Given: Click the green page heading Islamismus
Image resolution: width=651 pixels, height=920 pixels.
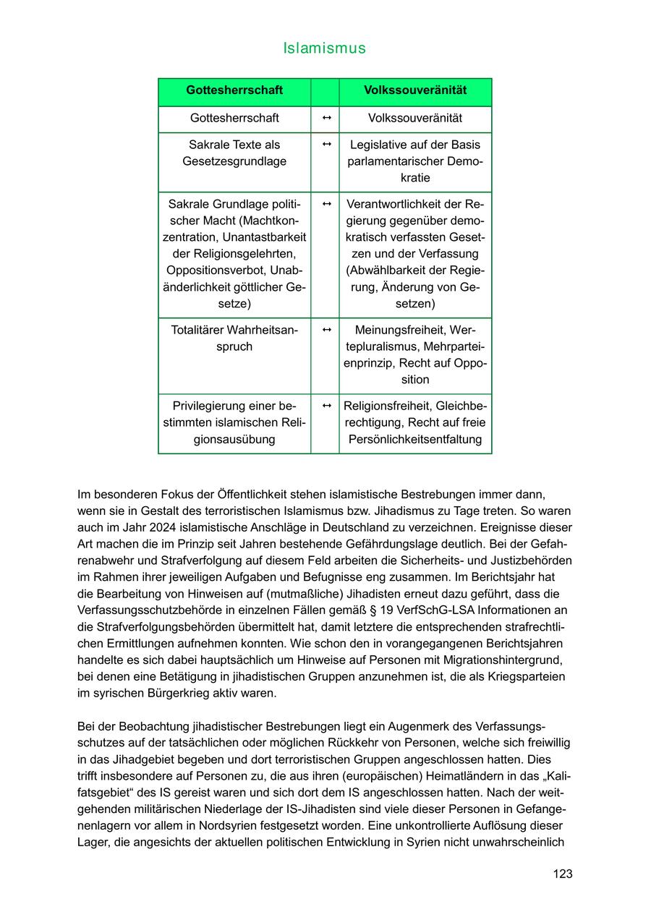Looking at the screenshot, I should (325, 48).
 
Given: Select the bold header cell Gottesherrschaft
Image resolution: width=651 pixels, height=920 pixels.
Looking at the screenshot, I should (234, 90).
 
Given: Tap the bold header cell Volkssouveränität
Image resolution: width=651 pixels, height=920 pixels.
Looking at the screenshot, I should (415, 90).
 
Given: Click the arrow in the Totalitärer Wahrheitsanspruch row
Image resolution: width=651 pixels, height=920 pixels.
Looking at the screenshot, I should (326, 330).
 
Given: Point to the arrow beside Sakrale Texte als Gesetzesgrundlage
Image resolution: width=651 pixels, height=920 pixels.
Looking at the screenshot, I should (326, 145).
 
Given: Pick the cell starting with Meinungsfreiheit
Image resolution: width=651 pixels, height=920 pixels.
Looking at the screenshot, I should (415, 354).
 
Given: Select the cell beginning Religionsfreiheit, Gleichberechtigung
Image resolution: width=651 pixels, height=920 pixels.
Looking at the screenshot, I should (415, 422).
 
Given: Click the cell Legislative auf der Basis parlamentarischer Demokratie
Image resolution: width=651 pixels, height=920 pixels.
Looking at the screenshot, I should (415, 161).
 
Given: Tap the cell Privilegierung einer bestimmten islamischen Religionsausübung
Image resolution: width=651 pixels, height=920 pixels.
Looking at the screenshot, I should (234, 422).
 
